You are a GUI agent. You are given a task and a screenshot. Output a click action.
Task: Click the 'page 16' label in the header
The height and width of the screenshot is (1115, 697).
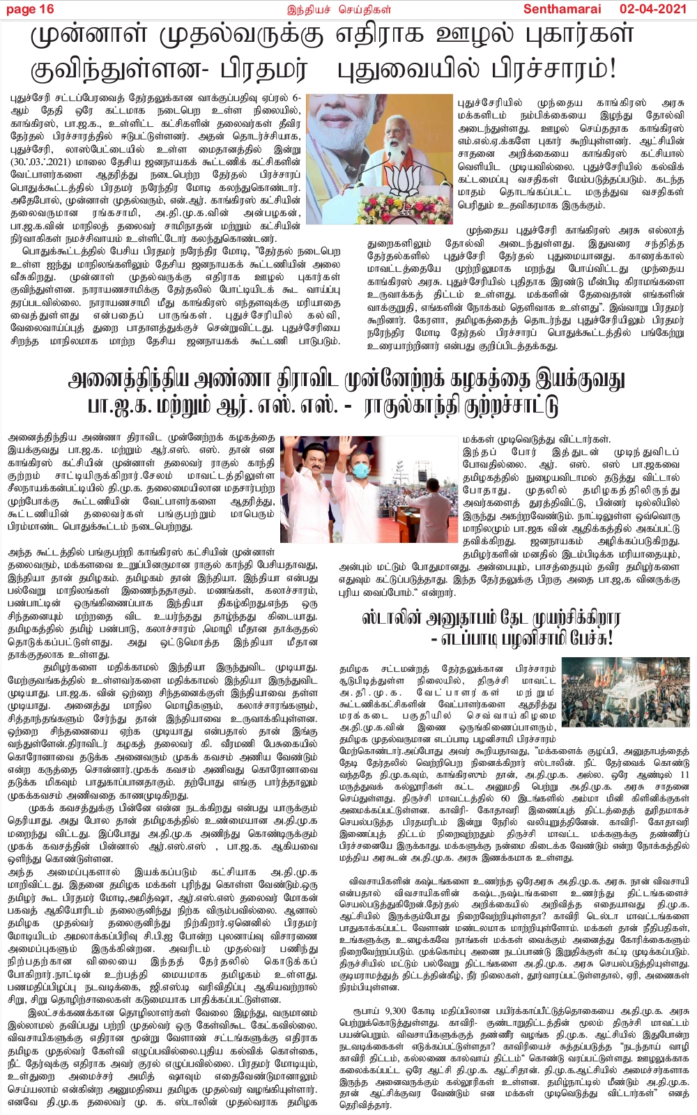[x=29, y=9]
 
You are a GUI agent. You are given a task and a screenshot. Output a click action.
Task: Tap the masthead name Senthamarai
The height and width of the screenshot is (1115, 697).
[x=558, y=9]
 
